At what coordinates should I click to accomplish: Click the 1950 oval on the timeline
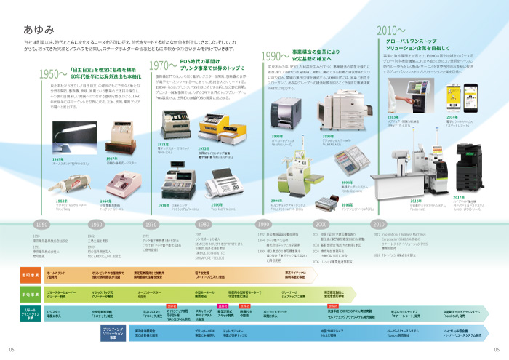coord(41,224)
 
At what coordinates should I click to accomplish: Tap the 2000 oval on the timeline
coord(321,224)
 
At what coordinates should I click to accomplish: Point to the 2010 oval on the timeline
coord(380,224)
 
